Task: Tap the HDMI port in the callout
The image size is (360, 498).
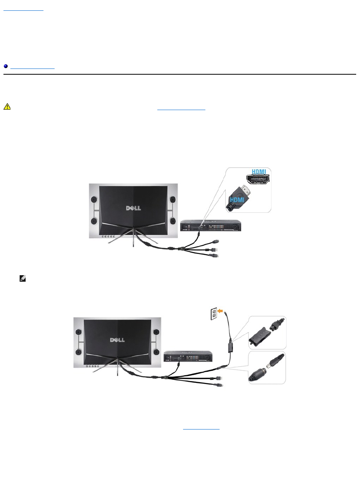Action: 258,180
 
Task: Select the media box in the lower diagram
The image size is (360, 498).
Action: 188,356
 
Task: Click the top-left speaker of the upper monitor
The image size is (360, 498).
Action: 93,200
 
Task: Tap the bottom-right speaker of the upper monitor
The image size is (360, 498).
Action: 173,221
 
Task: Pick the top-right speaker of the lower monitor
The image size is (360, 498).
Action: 157,332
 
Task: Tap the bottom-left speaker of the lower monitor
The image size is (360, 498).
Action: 78,352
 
